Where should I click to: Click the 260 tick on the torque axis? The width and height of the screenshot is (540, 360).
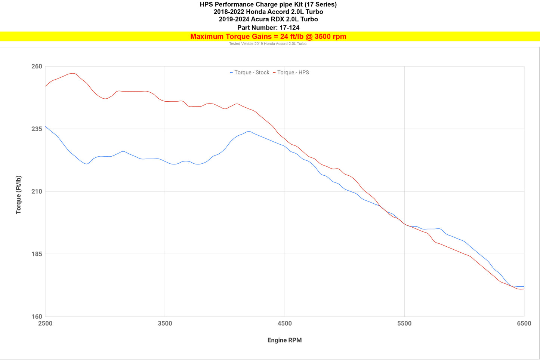click(x=37, y=67)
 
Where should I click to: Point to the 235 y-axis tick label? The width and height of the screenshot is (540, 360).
click(x=37, y=129)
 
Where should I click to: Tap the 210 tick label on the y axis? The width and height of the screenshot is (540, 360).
click(x=37, y=191)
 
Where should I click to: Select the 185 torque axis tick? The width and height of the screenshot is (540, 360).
click(x=37, y=254)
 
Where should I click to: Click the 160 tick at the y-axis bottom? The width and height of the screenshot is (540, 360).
click(x=37, y=317)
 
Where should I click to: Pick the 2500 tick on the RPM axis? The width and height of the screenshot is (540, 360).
click(x=45, y=324)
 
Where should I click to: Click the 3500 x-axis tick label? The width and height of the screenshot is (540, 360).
click(x=165, y=324)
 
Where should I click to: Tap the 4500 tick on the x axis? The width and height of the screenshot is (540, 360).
click(x=284, y=324)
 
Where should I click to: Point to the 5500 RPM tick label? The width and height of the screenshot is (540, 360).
click(x=404, y=324)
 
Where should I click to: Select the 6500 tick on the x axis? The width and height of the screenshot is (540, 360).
click(x=524, y=324)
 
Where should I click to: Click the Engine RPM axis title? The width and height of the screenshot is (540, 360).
click(x=284, y=340)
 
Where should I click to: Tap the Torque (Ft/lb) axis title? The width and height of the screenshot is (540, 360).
click(x=18, y=195)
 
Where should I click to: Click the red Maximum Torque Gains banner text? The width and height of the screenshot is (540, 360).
click(x=268, y=37)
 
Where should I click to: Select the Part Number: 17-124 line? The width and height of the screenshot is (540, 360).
click(x=268, y=28)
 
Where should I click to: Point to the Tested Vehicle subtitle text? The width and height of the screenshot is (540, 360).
click(x=268, y=44)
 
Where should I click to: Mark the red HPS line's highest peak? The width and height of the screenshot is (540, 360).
click(x=73, y=73)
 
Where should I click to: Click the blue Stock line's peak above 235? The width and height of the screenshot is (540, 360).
click(x=249, y=131)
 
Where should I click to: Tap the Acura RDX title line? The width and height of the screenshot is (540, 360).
click(x=268, y=19)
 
